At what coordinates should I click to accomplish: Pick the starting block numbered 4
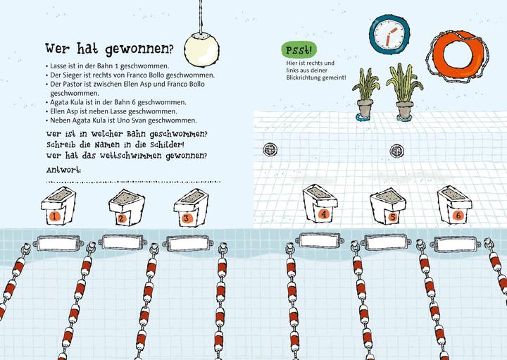[x=321, y=204]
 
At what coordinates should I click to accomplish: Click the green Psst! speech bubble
[x=299, y=50]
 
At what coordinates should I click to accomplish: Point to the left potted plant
[x=365, y=94]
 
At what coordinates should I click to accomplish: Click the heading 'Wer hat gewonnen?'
[x=108, y=49]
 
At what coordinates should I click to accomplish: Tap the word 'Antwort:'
[x=63, y=170]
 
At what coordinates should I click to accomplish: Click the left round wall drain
[x=270, y=149]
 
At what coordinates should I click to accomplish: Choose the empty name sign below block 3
[x=189, y=244]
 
